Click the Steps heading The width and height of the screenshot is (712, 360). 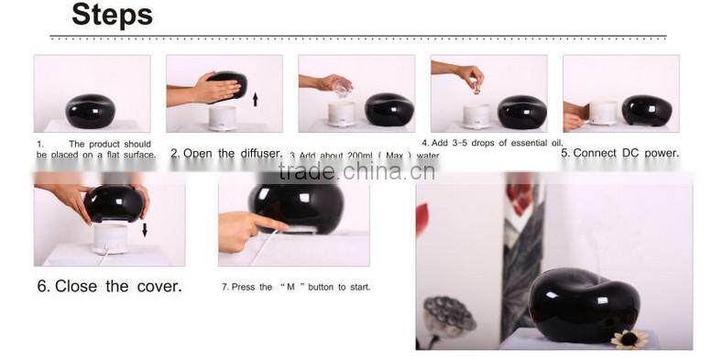click(112, 16)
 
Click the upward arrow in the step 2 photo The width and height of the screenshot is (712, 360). click(255, 97)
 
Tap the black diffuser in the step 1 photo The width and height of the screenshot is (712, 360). click(91, 111)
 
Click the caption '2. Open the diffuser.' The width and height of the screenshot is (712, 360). click(226, 153)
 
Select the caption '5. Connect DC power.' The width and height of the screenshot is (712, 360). click(619, 153)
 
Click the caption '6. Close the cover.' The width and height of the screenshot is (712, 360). click(109, 286)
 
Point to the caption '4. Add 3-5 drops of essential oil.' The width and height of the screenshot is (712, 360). click(492, 143)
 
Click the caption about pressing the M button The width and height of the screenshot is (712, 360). click(296, 287)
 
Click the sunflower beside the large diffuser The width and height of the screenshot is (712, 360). click(629, 338)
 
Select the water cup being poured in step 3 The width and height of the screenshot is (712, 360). click(342, 88)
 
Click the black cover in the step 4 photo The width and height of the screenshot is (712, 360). click(521, 111)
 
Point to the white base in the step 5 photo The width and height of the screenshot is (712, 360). click(602, 112)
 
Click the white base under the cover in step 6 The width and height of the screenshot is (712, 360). click(110, 236)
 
